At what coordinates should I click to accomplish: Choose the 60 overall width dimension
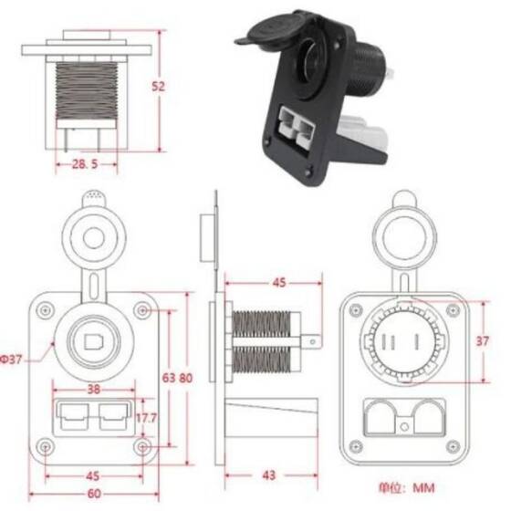92,494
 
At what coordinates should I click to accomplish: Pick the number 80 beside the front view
185,377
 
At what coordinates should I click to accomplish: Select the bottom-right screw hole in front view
141,447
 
